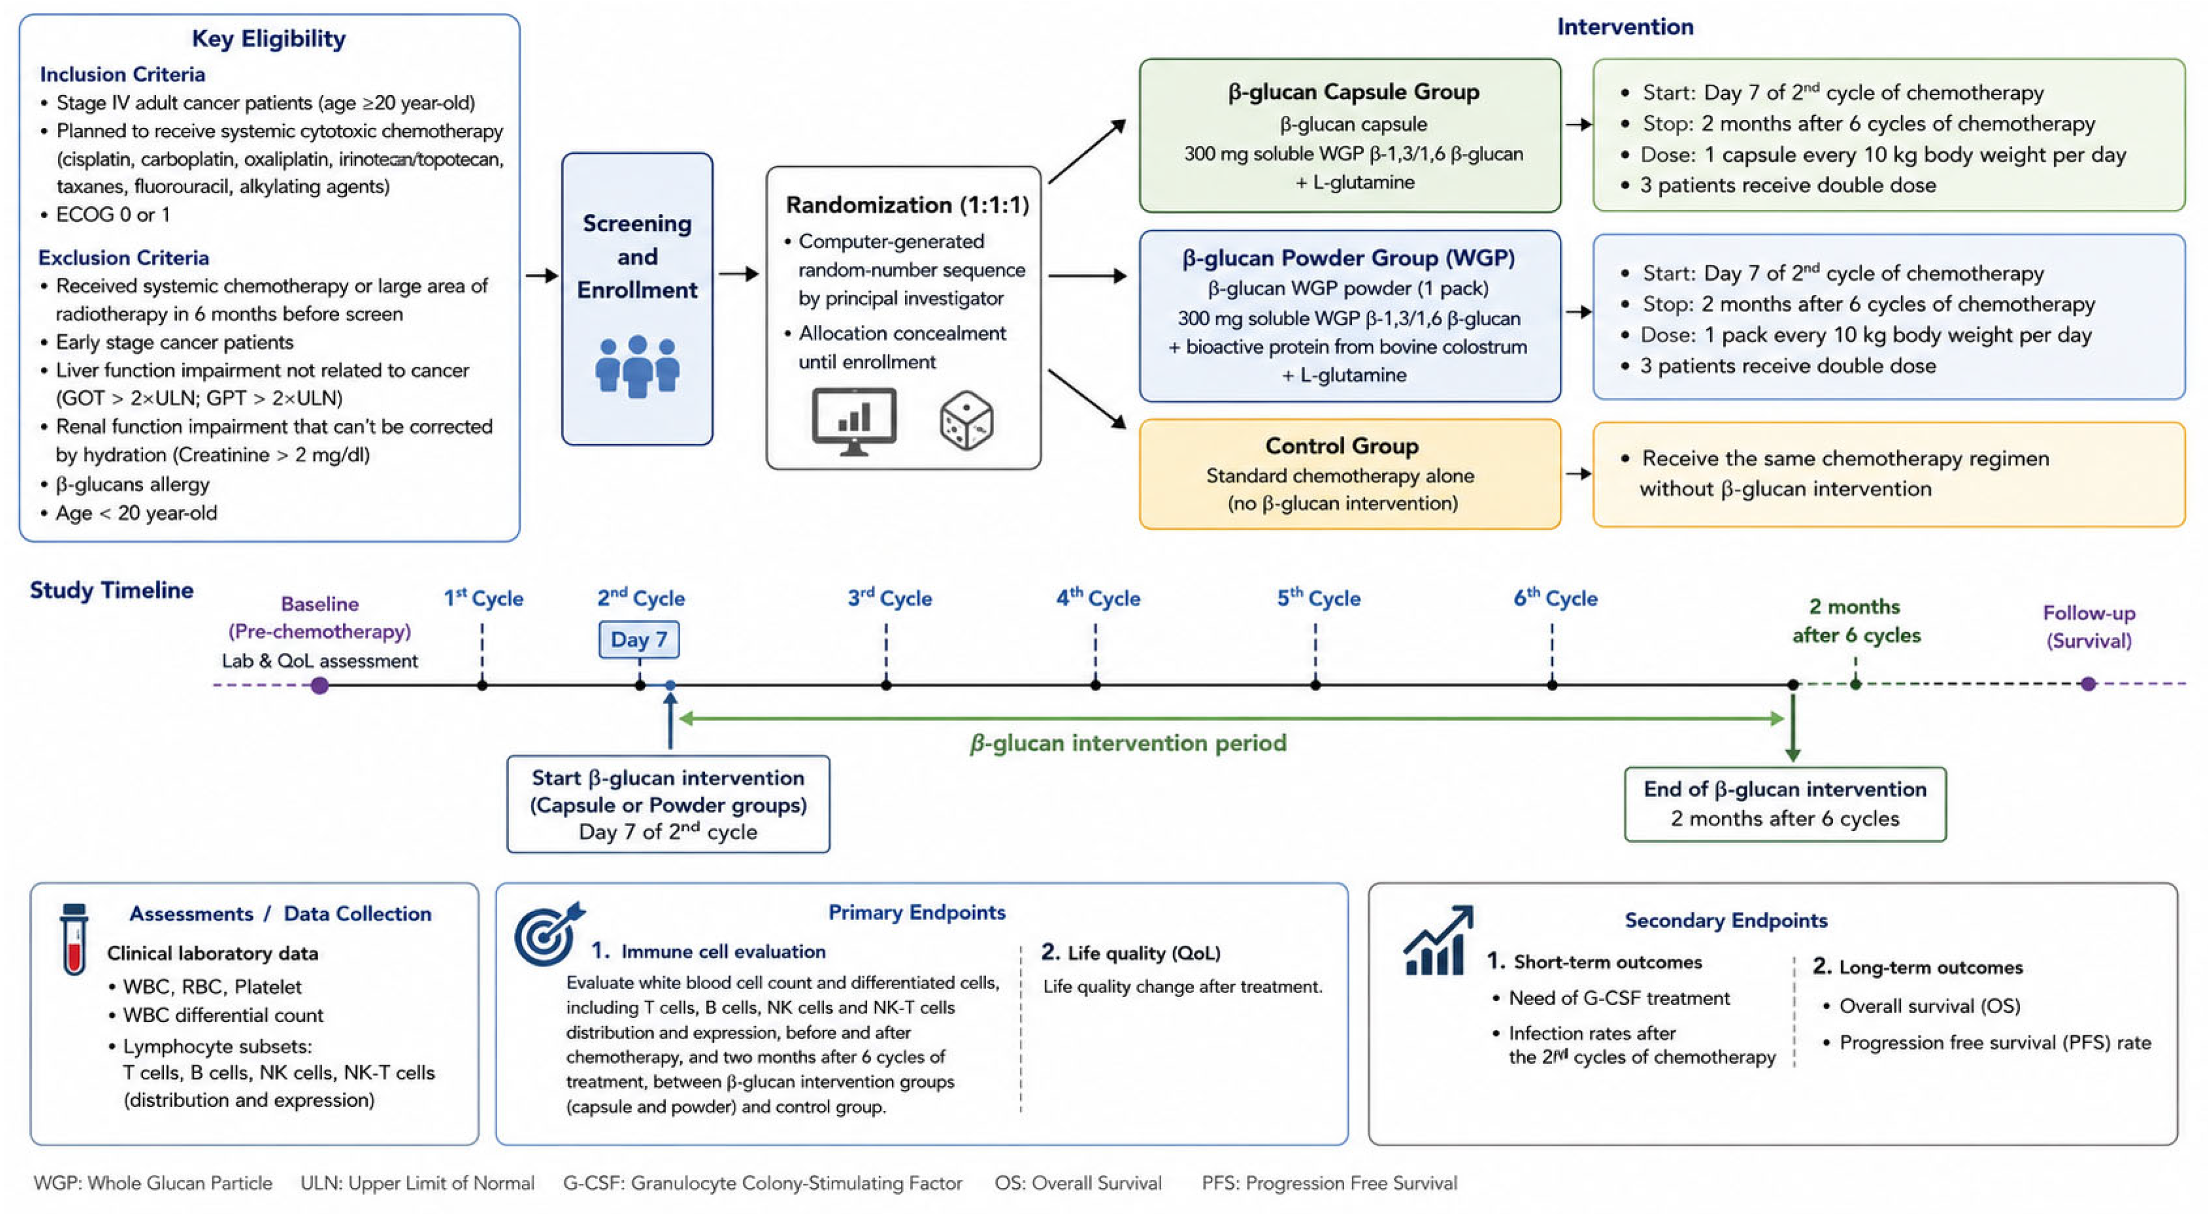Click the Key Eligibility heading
point(268,38)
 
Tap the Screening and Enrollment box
point(637,299)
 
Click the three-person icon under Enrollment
point(637,366)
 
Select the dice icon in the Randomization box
point(966,421)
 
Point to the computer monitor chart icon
point(854,421)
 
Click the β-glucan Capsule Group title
point(1353,92)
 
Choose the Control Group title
point(1341,446)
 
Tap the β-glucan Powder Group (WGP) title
point(1348,258)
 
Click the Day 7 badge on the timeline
point(639,639)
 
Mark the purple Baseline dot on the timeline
point(320,685)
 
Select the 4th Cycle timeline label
point(1098,598)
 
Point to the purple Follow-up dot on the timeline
point(2088,684)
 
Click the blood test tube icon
point(74,939)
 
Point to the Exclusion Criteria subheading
point(123,257)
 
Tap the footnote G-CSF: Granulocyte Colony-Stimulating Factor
point(762,1183)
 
